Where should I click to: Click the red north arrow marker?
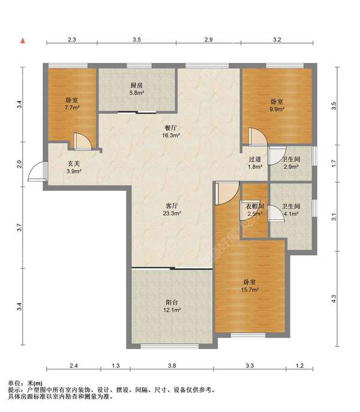click(23, 41)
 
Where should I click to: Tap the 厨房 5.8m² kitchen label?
click(137, 89)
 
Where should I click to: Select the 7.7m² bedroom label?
click(72, 104)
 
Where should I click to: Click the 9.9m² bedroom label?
click(277, 105)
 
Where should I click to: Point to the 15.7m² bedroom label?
click(250, 285)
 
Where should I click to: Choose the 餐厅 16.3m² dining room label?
click(171, 132)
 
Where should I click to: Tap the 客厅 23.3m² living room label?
click(172, 209)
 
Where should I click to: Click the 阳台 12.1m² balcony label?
click(172, 306)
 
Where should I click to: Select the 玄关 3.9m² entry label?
click(74, 167)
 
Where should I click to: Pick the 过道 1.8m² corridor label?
click(255, 163)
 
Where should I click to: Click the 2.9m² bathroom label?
click(291, 163)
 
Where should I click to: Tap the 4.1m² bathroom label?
click(291, 210)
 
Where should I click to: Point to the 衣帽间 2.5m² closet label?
click(254, 210)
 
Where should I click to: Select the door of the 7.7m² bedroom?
click(83, 142)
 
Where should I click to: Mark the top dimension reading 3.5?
click(136, 40)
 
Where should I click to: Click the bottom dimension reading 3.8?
click(172, 365)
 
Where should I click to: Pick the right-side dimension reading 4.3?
click(334, 299)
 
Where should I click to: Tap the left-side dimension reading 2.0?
click(19, 164)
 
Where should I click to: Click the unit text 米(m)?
click(35, 383)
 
